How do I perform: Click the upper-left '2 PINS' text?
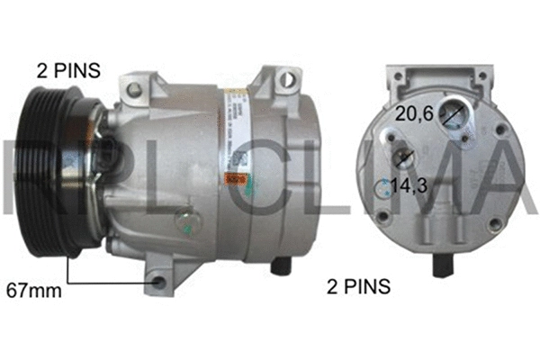[x=68, y=68]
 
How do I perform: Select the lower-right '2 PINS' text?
[x=357, y=287]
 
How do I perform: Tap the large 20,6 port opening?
[x=454, y=114]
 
